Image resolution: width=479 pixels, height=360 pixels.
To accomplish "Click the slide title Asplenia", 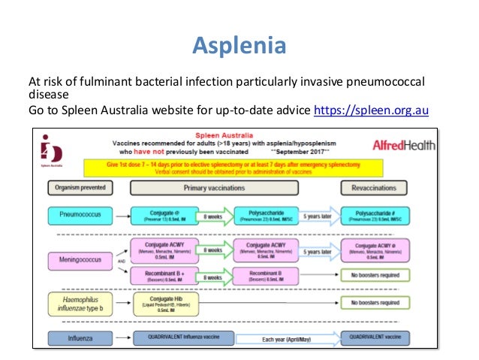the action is click(239, 47).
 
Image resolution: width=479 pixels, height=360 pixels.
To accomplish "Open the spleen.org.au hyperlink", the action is click(371, 112).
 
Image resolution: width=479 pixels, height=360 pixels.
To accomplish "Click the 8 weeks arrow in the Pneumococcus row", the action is click(212, 216).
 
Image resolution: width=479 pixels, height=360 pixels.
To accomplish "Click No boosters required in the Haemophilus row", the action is click(384, 304).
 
